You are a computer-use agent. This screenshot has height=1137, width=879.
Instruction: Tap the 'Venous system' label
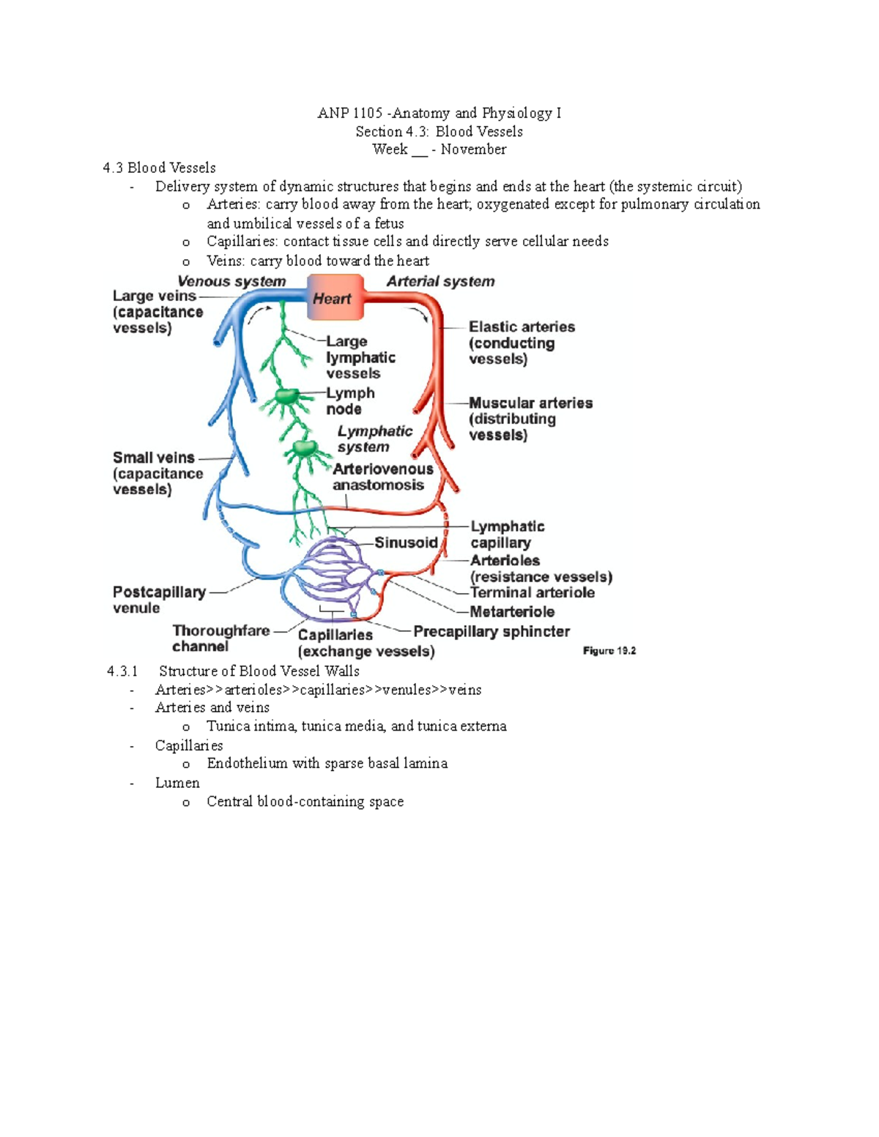pyautogui.click(x=231, y=281)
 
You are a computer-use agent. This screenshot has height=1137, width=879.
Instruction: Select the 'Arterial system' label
pyautogui.click(x=440, y=281)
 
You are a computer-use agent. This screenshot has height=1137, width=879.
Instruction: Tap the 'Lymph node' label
pyautogui.click(x=349, y=400)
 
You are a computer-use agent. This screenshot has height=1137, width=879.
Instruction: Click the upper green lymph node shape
pyautogui.click(x=286, y=397)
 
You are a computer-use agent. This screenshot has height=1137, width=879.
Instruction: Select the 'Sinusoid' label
pyautogui.click(x=406, y=543)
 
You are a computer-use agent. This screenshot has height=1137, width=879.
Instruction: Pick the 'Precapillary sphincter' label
pyautogui.click(x=492, y=631)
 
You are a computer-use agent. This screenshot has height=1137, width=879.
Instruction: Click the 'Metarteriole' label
pyautogui.click(x=512, y=611)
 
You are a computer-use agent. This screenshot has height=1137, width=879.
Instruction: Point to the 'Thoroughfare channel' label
pyautogui.click(x=220, y=638)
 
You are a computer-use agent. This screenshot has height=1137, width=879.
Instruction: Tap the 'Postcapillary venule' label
pyautogui.click(x=159, y=599)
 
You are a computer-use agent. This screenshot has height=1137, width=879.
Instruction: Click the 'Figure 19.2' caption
pyautogui.click(x=609, y=650)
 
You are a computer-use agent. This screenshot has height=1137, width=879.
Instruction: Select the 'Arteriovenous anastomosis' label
pyautogui.click(x=382, y=477)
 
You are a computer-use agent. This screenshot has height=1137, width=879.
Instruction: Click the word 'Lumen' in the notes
pyautogui.click(x=177, y=783)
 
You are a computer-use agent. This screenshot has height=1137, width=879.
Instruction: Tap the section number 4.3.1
pyautogui.click(x=122, y=671)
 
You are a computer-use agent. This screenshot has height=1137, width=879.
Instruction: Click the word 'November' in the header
pyautogui.click(x=473, y=149)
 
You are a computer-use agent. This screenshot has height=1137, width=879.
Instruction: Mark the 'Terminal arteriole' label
pyautogui.click(x=532, y=592)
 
